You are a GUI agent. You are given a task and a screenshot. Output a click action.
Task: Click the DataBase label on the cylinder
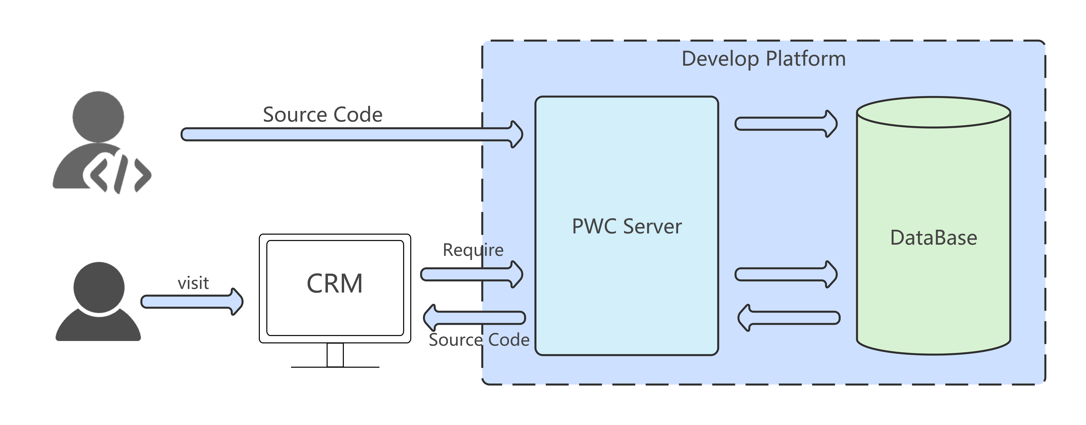pos(933,238)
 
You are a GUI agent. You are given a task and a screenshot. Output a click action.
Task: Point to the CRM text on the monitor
pos(335,283)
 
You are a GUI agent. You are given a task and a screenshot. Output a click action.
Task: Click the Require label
pos(473,250)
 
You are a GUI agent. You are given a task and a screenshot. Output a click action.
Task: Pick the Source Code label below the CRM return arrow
pos(479,339)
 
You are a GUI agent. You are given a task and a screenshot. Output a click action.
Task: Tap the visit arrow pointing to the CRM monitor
pos(192,302)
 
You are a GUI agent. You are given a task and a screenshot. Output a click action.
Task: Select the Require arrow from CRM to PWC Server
pos(472,274)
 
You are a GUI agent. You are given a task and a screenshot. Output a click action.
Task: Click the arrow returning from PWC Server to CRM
pos(474,318)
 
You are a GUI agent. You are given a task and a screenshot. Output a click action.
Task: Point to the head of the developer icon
pos(98,117)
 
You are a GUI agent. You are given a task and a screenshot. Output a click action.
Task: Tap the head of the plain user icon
pos(99,288)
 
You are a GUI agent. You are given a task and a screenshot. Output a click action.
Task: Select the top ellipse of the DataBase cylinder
pos(933,112)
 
